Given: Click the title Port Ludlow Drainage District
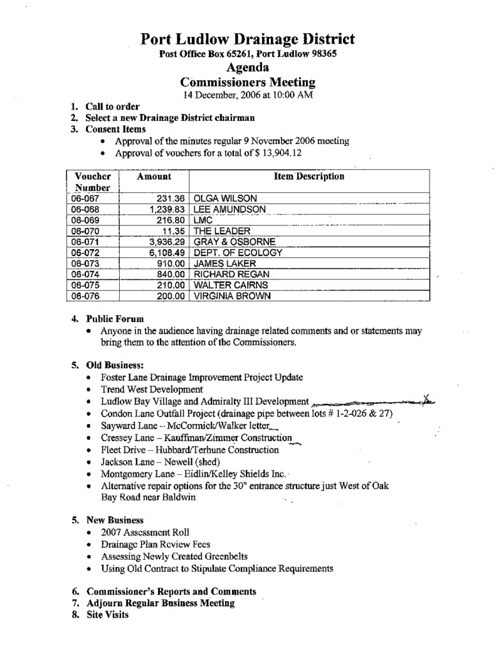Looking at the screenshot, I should pyautogui.click(x=248, y=39).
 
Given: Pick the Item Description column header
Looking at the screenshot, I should pyautogui.click(x=309, y=176).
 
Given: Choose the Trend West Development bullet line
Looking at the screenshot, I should pyautogui.click(x=152, y=389).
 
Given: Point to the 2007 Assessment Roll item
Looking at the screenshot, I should pyautogui.click(x=145, y=532).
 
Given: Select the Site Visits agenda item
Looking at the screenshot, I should pyautogui.click(x=107, y=615).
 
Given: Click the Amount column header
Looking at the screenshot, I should pyautogui.click(x=154, y=176).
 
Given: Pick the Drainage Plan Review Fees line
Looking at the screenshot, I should pyautogui.click(x=155, y=544).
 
